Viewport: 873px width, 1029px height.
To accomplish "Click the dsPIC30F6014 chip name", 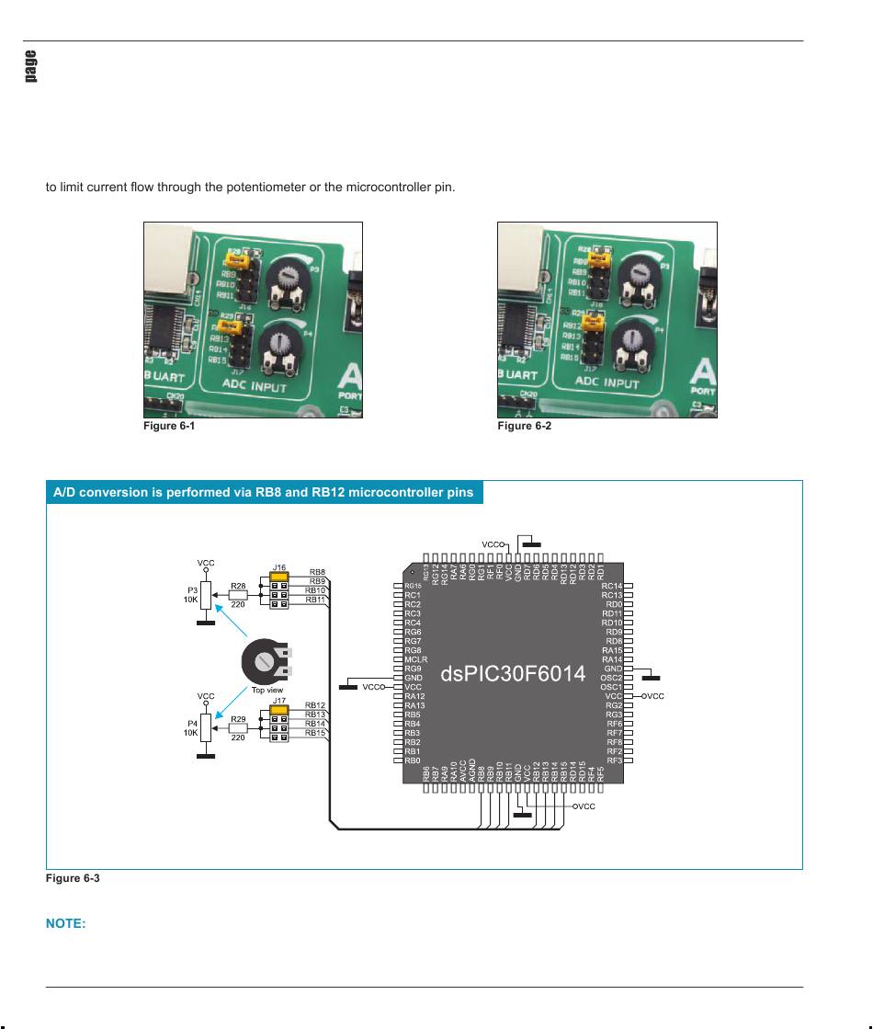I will point(513,674).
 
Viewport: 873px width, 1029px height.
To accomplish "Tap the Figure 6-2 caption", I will point(524,427).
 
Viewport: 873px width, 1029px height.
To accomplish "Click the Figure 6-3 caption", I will point(73,878).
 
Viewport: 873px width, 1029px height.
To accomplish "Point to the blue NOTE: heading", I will point(66,924).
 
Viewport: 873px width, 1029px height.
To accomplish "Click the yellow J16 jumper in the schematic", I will point(280,576).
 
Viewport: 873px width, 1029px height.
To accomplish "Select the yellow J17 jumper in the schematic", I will point(280,708).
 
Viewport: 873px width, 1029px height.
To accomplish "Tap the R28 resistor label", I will point(238,585).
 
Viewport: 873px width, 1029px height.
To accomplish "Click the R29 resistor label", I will point(238,718).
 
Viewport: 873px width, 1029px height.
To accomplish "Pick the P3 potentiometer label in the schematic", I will point(192,589).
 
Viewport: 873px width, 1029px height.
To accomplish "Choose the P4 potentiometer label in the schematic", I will point(192,723).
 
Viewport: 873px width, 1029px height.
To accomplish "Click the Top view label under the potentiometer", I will point(267,690).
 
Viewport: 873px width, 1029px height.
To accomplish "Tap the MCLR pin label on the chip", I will point(414,659).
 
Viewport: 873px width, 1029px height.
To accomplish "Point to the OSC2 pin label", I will point(611,678).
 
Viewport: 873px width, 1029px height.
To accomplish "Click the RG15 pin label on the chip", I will point(413,586).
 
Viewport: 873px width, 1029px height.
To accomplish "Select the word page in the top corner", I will point(31,65).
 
